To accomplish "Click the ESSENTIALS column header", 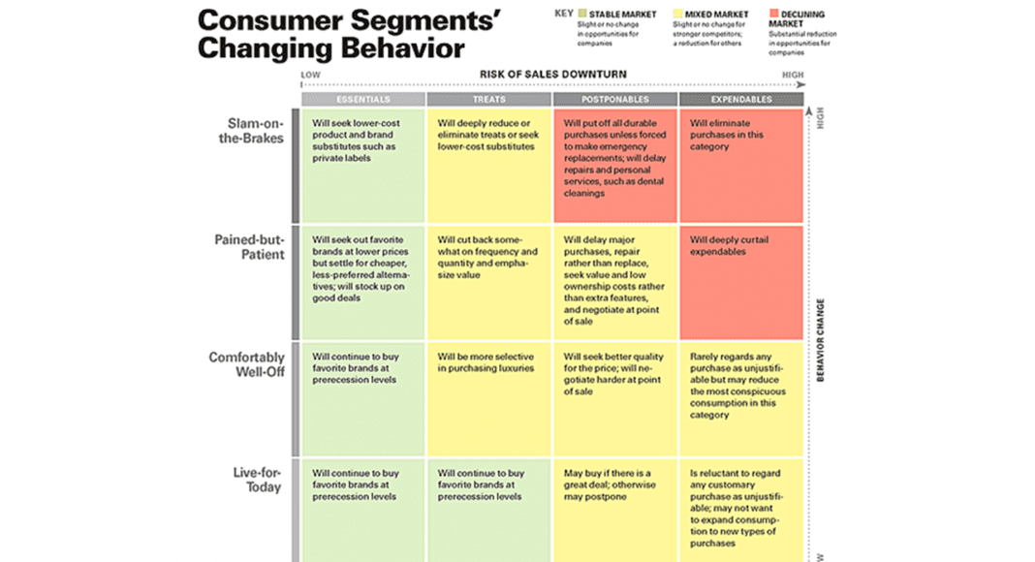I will (x=362, y=99).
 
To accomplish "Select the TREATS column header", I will (x=488, y=99).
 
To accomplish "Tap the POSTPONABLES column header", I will (x=614, y=99).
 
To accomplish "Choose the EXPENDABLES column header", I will (x=740, y=99).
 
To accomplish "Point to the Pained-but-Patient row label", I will (x=249, y=247).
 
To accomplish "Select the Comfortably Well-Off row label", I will (x=247, y=363).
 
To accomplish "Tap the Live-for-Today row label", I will (x=257, y=480).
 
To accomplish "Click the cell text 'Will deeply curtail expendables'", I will (x=730, y=245).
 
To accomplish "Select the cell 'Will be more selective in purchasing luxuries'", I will (x=485, y=362).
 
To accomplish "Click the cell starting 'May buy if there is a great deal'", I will (x=610, y=484).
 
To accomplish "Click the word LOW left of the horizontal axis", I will (x=310, y=75).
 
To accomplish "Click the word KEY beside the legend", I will (x=563, y=14).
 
